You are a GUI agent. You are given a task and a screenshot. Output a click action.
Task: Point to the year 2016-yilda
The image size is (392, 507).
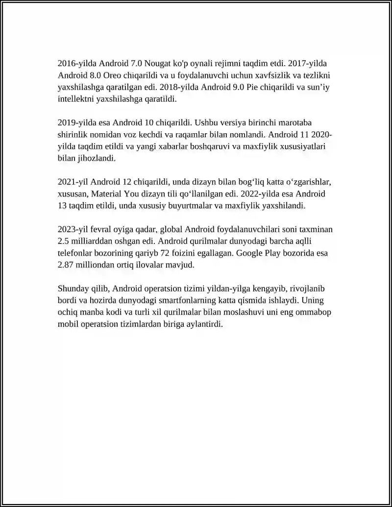77,64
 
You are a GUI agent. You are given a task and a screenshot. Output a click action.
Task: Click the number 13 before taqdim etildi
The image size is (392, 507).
62,206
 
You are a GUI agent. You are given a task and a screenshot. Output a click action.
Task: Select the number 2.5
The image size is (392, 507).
64,241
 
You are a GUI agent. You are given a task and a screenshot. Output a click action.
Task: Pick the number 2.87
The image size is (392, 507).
66,265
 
